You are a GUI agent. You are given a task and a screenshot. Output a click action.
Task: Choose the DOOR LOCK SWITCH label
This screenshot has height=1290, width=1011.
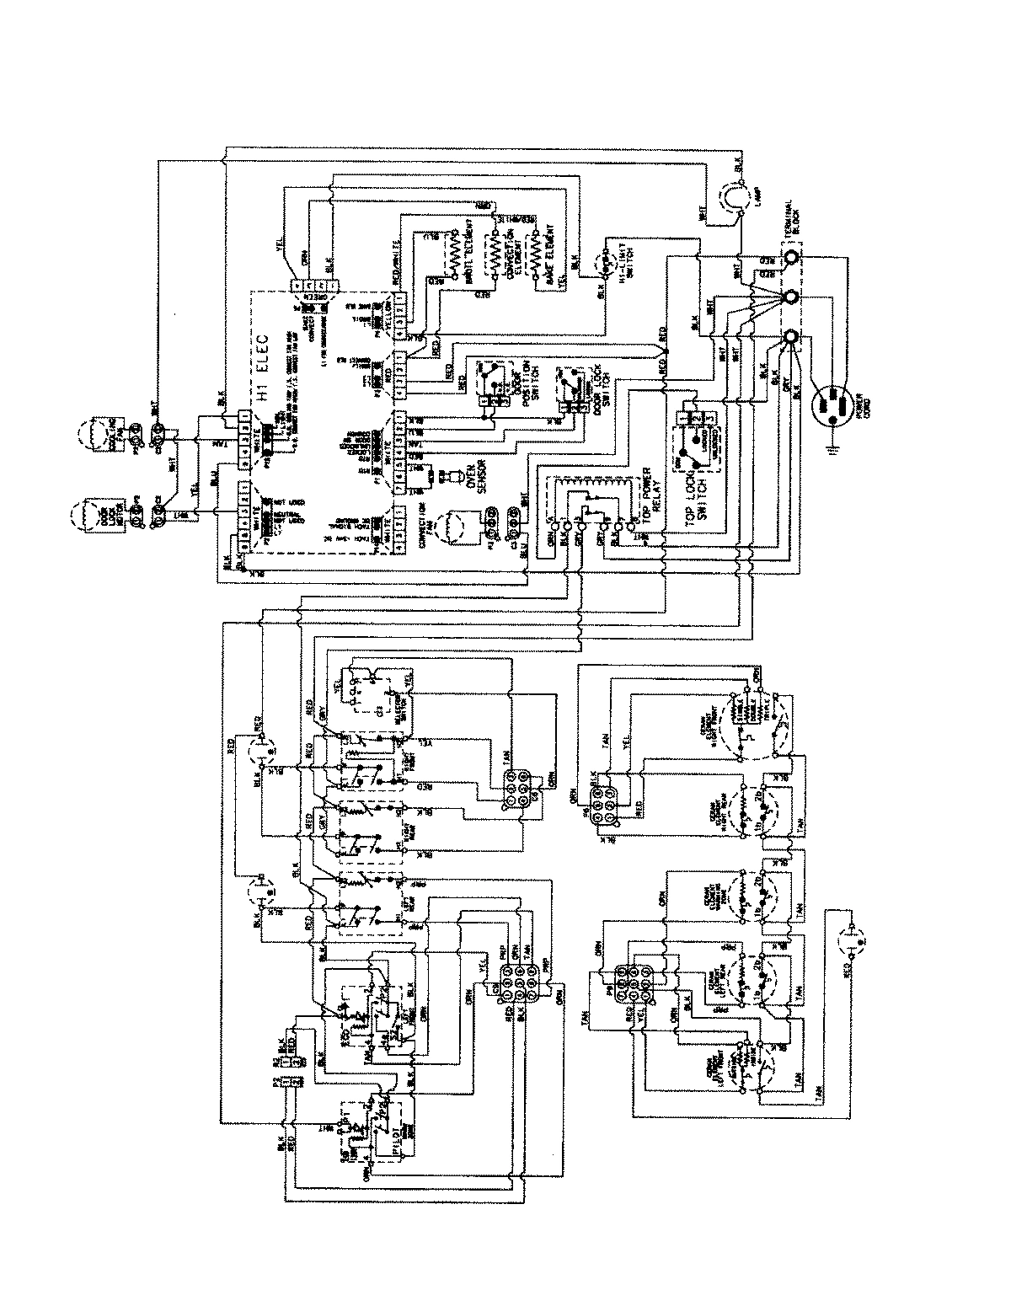(596, 390)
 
